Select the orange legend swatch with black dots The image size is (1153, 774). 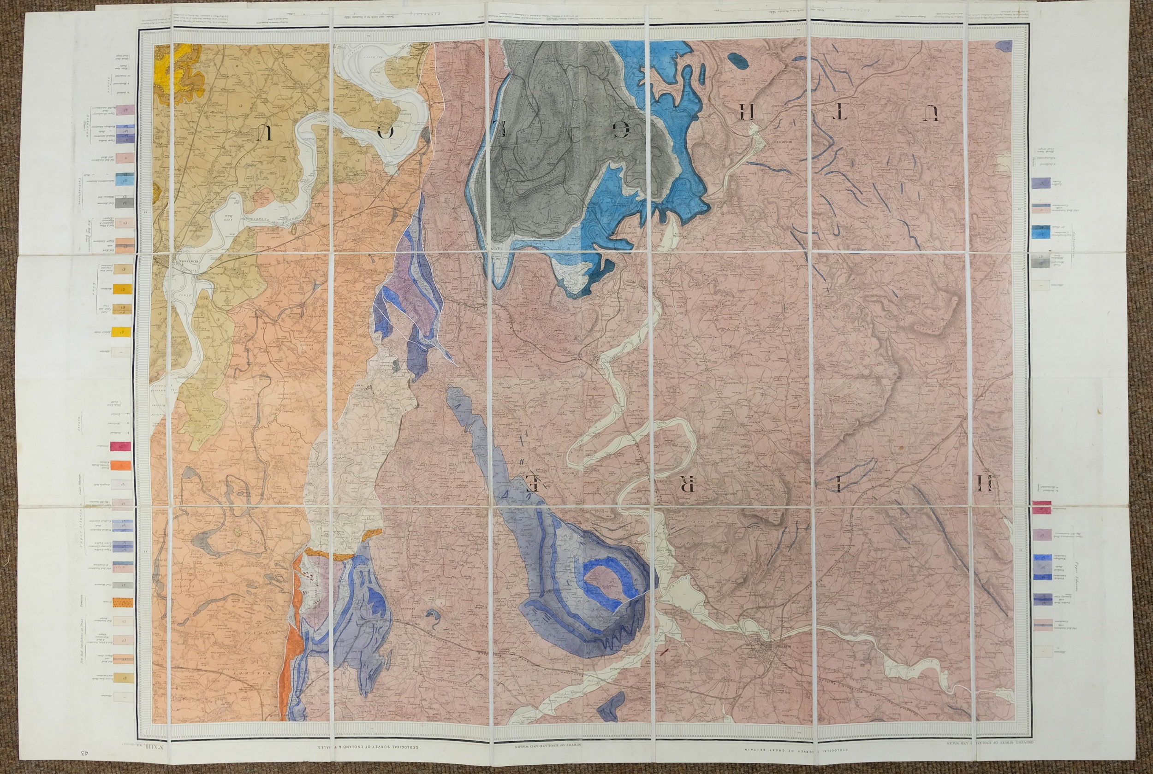point(120,602)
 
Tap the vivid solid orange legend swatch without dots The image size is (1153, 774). point(120,465)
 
